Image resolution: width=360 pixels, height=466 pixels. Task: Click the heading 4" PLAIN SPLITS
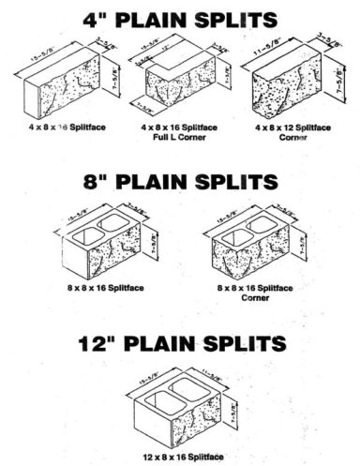coord(180,18)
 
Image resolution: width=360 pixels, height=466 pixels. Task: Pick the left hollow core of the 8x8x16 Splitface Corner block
coord(233,237)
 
